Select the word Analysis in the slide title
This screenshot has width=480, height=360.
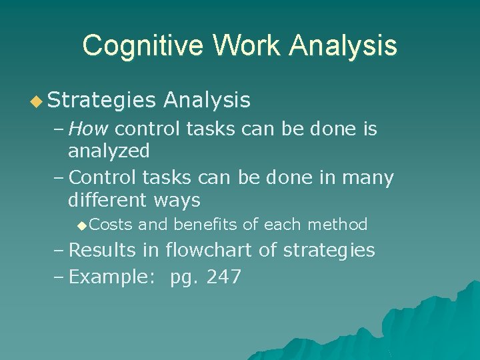345,46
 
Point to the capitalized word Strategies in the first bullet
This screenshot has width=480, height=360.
102,101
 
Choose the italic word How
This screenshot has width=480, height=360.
91,129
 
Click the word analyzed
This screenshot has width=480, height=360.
109,151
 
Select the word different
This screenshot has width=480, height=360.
107,199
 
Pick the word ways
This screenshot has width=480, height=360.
177,201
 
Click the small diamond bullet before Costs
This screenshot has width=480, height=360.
82,225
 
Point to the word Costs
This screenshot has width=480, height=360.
111,225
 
